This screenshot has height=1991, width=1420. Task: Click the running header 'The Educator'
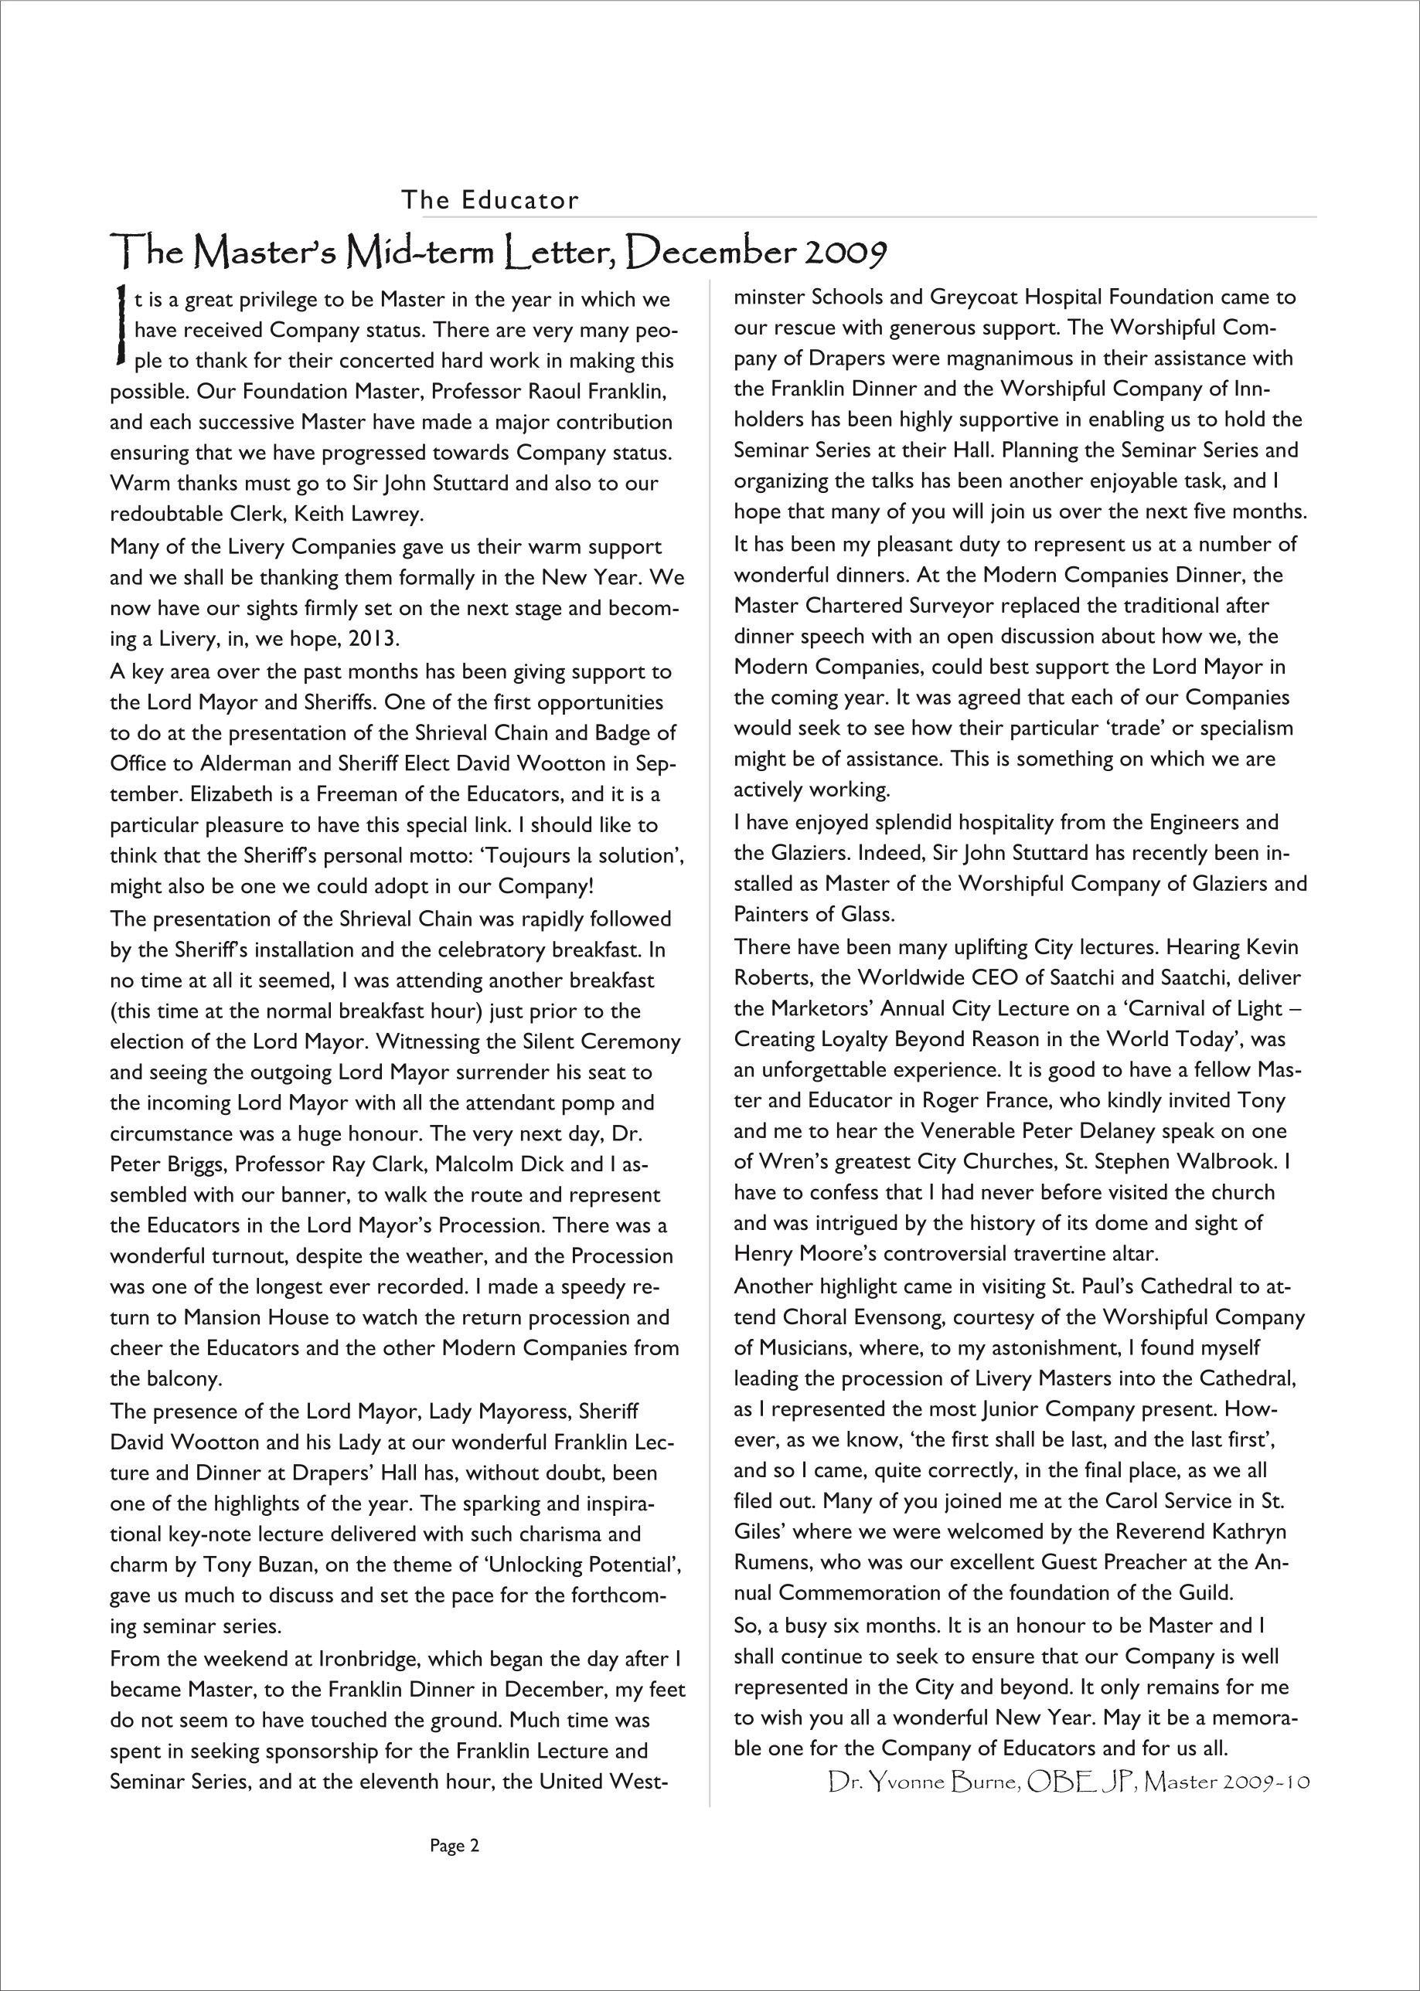click(489, 200)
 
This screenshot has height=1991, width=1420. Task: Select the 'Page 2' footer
click(455, 1846)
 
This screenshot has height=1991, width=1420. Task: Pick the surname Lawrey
click(386, 514)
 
